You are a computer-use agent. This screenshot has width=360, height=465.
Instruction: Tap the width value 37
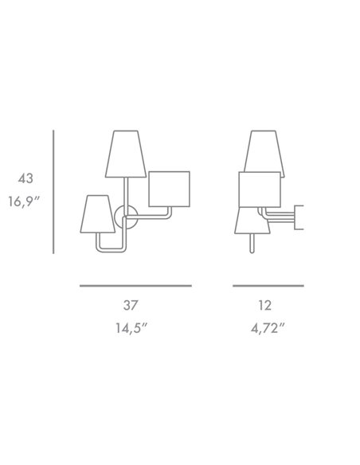pos(135,305)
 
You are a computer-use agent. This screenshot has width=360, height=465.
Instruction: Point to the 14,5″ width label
pos(135,326)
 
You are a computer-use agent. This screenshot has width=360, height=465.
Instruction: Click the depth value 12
pos(268,305)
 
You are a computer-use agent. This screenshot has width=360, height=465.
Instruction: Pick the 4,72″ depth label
pos(268,326)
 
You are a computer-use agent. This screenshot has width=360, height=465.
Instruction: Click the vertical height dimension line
pos(54,192)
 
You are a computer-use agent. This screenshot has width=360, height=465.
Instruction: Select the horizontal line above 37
pos(135,284)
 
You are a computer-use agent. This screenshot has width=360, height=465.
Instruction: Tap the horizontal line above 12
pos(268,284)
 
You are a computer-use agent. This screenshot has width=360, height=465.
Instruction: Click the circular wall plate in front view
pos(123,216)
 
